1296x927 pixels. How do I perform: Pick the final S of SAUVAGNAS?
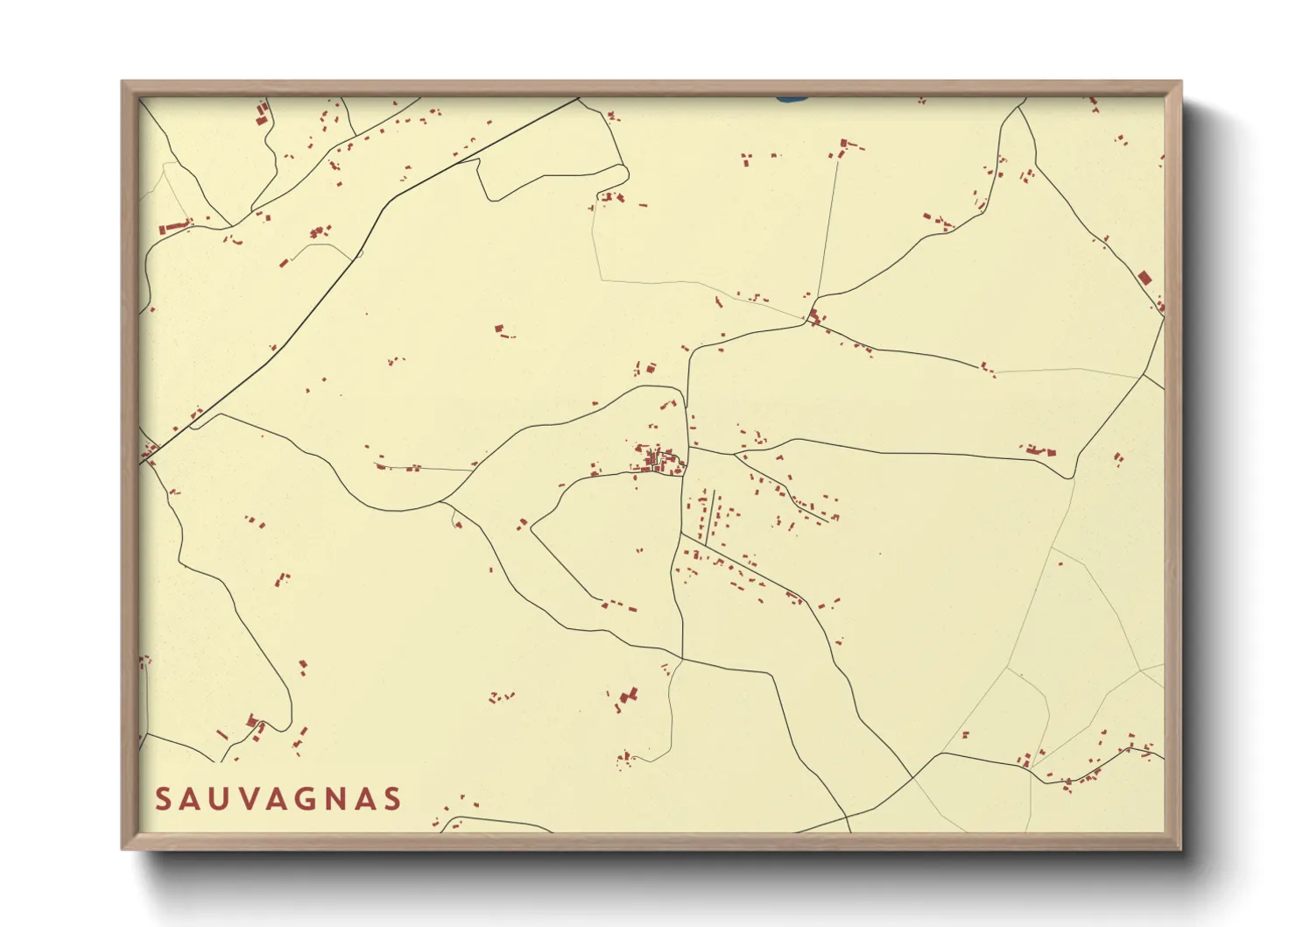[392, 799]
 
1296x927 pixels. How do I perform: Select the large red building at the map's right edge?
[1144, 278]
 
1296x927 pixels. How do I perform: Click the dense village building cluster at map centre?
[657, 458]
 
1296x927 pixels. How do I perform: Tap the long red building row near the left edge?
[175, 227]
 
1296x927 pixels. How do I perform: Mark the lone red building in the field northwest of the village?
[500, 329]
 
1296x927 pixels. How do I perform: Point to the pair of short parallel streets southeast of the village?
[712, 517]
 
